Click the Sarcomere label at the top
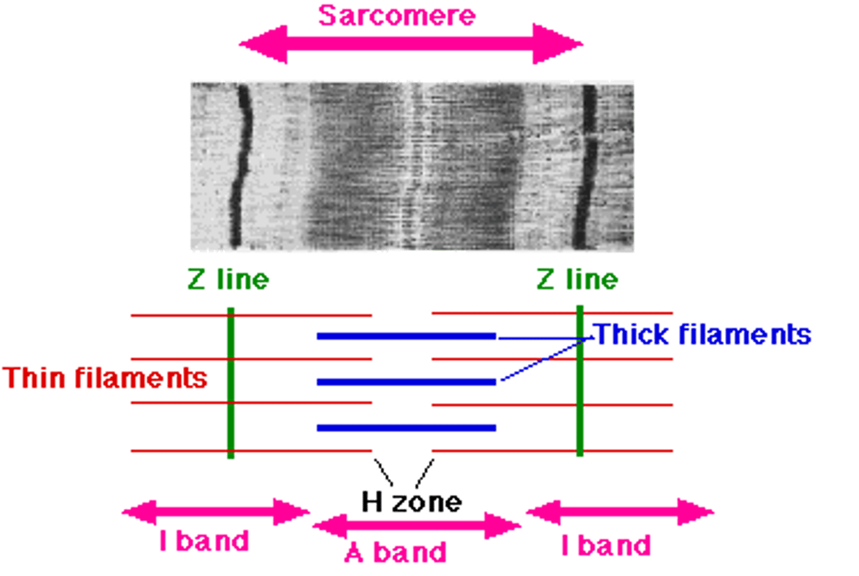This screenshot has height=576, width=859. (397, 15)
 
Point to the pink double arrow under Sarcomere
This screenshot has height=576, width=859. (412, 44)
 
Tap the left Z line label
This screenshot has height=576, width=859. (228, 279)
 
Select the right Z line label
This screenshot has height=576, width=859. (577, 279)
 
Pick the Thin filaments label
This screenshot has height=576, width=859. (105, 378)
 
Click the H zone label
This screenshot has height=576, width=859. (412, 502)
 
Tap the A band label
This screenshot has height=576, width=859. (395, 552)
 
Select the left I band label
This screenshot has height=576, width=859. (204, 541)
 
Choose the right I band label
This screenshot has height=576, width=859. (606, 545)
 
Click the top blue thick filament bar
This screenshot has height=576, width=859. (406, 336)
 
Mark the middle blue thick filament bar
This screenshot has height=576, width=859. (406, 382)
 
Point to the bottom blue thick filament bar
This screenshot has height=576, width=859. (406, 428)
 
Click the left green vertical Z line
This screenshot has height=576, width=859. (231, 382)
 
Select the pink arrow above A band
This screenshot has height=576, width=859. (417, 525)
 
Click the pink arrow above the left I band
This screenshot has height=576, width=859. (215, 512)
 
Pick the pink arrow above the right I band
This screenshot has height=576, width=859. (620, 512)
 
